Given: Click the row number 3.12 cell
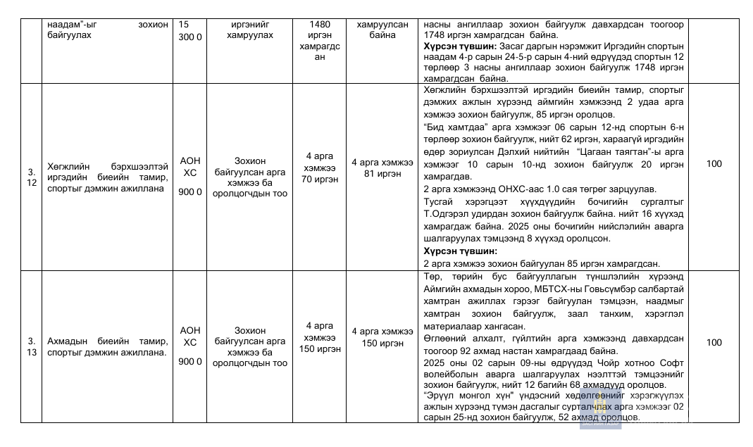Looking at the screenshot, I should tap(31, 177).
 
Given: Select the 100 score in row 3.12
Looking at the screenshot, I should tap(714, 164).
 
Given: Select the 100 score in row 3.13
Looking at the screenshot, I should tap(714, 343).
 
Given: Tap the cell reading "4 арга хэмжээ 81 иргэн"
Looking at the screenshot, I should tap(382, 168).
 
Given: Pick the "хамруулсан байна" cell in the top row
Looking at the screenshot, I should tap(382, 29).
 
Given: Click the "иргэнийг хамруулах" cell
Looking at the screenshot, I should tap(250, 29).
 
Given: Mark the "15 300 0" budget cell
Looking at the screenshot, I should tap(190, 30).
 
